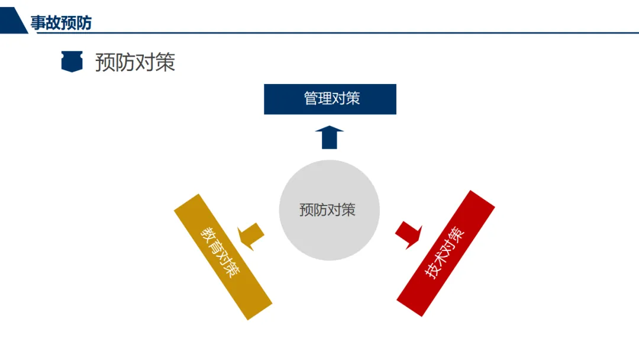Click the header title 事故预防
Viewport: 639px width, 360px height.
[x=61, y=23]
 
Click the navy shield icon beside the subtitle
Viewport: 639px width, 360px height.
[x=72, y=62]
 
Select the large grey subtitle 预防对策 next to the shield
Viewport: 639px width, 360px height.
[x=135, y=62]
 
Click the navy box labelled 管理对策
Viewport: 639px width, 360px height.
[x=330, y=99]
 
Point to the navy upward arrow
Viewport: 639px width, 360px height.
[x=329, y=137]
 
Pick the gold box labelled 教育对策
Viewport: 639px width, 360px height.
[x=223, y=256]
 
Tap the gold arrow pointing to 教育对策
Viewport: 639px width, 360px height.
[x=251, y=235]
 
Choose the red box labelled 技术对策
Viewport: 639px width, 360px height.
[x=446, y=253]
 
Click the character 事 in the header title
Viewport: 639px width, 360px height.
[x=38, y=23]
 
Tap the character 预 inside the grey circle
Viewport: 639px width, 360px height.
[x=306, y=210]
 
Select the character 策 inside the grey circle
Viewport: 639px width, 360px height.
[x=348, y=210]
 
